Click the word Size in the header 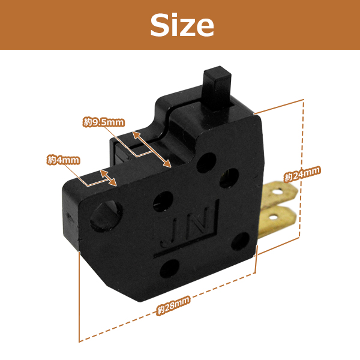[x=182, y=25]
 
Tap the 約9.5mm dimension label [x=104, y=122]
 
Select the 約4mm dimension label [x=64, y=160]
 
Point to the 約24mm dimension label [x=302, y=174]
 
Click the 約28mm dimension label [x=173, y=305]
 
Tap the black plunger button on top [x=217, y=88]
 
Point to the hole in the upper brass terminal [x=279, y=191]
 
